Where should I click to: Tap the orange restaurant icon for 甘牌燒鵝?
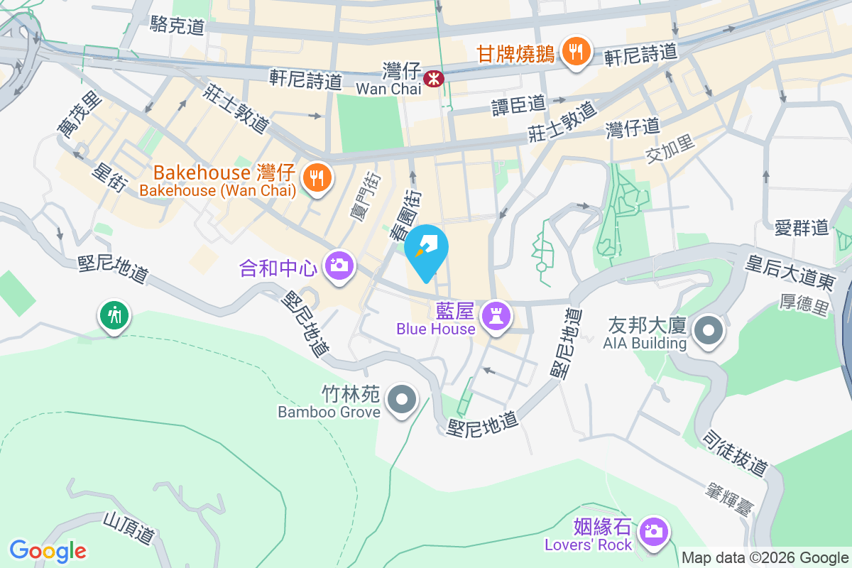point(575,51)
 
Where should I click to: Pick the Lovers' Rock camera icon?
point(651,530)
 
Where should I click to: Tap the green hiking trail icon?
point(114,313)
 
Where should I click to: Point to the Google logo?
point(48,550)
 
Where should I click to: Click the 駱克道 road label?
point(177,26)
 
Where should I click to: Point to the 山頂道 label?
point(129,529)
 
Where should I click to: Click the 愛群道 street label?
point(802,228)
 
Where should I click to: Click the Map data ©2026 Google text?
point(765,557)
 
